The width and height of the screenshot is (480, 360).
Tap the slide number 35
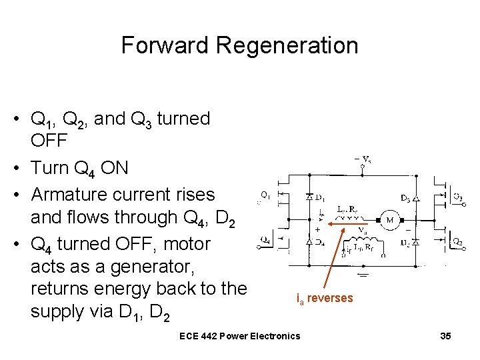coord(445,336)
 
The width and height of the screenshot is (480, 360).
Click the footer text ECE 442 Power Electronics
coord(240,336)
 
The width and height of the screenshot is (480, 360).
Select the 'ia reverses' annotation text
coord(324,299)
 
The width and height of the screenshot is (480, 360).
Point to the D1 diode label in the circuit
coord(320,197)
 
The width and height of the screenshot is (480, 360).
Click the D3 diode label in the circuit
coord(405,197)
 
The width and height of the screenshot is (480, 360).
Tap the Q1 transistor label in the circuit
coord(265,196)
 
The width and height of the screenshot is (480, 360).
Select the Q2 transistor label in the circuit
coord(457,241)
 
